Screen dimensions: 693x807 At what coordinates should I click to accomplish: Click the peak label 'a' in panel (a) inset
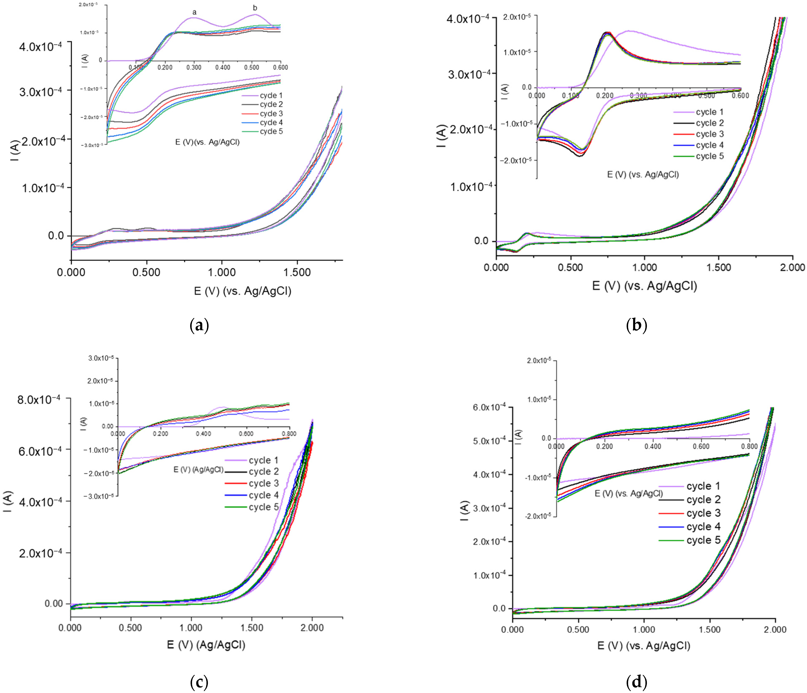(194, 13)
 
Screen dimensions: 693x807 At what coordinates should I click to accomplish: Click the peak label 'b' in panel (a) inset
(255, 8)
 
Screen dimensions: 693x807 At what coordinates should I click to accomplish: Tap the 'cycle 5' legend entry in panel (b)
(710, 156)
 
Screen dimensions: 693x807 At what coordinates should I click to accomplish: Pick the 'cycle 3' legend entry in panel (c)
(264, 483)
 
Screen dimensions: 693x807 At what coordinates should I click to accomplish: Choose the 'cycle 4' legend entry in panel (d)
(703, 527)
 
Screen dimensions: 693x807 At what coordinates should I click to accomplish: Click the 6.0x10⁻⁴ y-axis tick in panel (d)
(489, 408)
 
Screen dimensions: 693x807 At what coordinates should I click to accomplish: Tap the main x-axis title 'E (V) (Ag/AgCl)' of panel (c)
(206, 645)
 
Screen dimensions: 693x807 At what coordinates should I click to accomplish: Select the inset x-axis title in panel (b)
(643, 175)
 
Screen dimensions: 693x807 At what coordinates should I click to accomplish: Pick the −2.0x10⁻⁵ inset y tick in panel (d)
(538, 516)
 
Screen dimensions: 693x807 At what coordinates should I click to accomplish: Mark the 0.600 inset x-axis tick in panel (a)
(280, 67)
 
